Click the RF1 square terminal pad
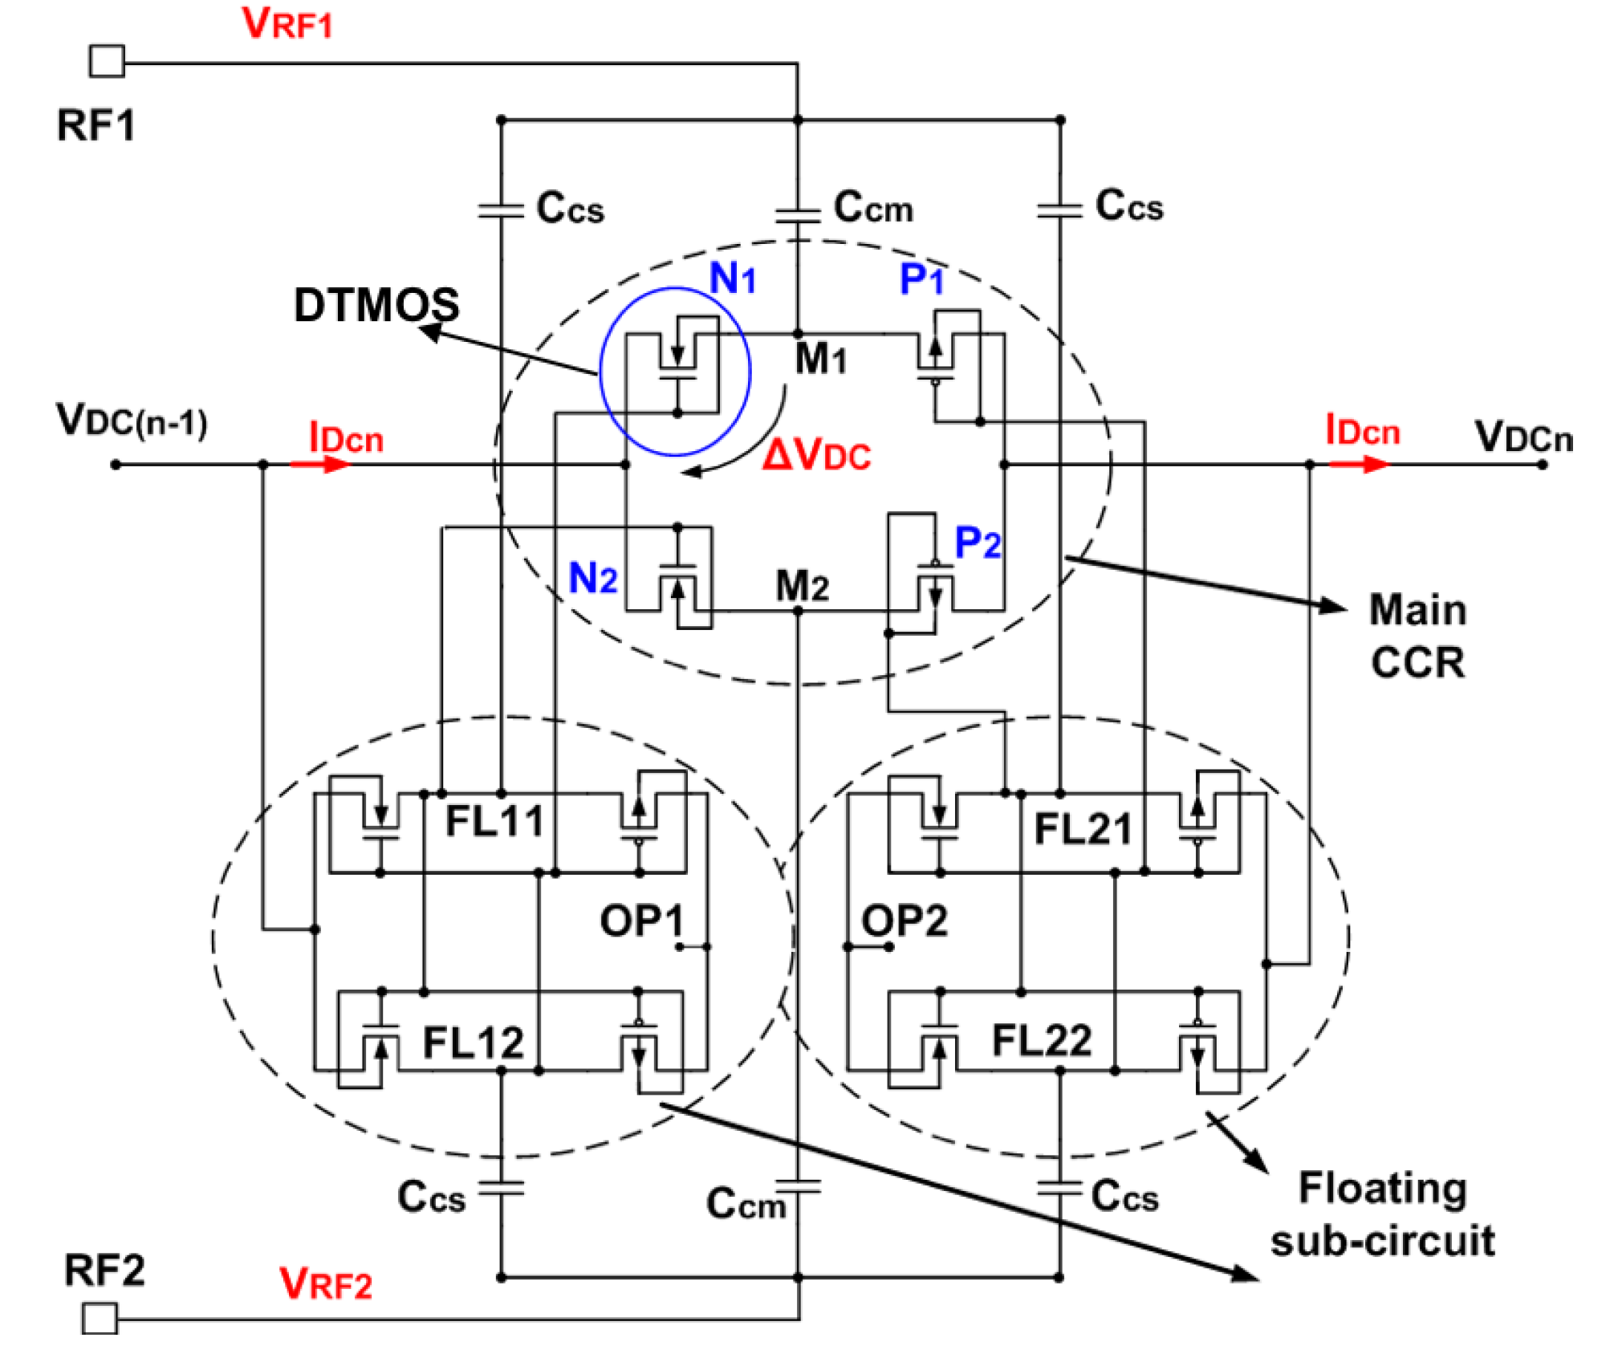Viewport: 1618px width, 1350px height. [107, 61]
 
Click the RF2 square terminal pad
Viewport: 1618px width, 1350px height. [100, 1318]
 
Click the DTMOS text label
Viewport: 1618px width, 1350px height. [376, 306]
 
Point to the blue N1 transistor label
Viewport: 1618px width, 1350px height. [733, 279]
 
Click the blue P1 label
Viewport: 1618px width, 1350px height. [921, 279]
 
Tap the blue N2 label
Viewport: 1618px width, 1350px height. [592, 578]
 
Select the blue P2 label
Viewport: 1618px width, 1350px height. [978, 543]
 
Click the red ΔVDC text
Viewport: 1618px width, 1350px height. [816, 456]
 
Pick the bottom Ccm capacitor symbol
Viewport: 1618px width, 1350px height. [798, 1186]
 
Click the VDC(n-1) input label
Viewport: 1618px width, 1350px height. [132, 420]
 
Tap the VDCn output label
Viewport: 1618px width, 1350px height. [1523, 437]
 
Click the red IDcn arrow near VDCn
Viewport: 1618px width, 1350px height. [1358, 464]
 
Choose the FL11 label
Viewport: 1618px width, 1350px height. [494, 821]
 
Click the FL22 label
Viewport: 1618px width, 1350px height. [1041, 1041]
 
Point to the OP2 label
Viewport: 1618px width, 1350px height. [905, 921]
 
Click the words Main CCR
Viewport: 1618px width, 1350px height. [1417, 636]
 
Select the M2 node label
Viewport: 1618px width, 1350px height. [802, 586]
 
